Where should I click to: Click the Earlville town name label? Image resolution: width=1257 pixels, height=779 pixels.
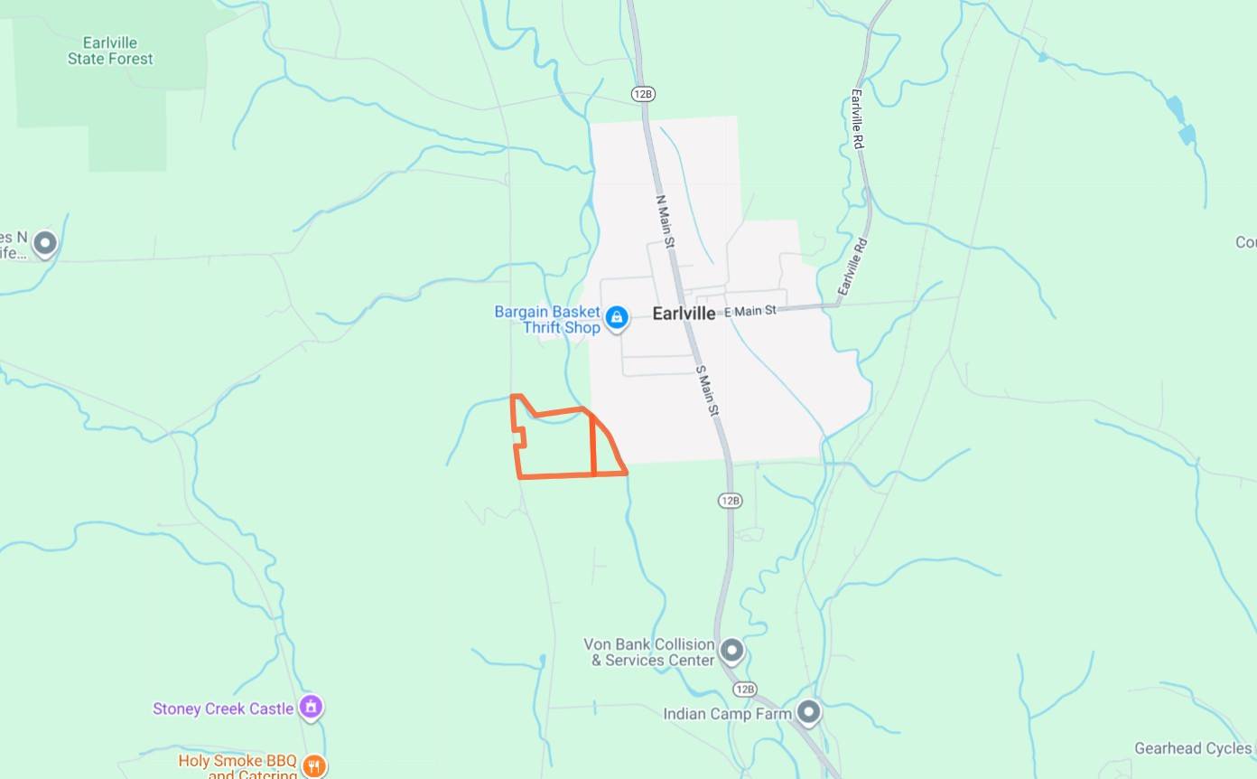pyautogui.click(x=684, y=314)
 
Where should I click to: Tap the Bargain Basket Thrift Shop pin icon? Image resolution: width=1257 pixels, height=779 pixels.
pyautogui.click(x=617, y=317)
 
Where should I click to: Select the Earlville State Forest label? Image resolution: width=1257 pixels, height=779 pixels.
pyautogui.click(x=110, y=51)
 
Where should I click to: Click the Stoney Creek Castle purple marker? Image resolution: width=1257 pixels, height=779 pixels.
pyautogui.click(x=311, y=707)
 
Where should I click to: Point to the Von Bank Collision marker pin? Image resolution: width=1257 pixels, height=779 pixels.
pyautogui.click(x=731, y=650)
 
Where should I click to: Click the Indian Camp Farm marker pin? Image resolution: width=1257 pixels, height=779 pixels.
pyautogui.click(x=808, y=712)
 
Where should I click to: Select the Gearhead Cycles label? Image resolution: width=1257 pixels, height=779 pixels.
pyautogui.click(x=1192, y=748)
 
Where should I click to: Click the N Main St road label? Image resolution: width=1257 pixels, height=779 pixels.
pyautogui.click(x=665, y=220)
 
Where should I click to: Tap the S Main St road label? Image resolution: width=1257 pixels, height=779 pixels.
pyautogui.click(x=706, y=390)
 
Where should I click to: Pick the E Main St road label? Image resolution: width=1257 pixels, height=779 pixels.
pyautogui.click(x=750, y=311)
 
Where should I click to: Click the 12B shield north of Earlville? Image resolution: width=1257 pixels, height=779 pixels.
pyautogui.click(x=643, y=95)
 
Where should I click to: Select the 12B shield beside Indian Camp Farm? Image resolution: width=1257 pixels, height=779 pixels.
pyautogui.click(x=744, y=690)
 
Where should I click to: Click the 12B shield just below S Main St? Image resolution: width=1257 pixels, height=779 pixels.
pyautogui.click(x=730, y=500)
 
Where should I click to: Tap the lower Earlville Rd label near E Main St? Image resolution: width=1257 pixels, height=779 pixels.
pyautogui.click(x=852, y=267)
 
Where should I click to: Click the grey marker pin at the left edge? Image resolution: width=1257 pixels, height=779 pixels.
pyautogui.click(x=44, y=242)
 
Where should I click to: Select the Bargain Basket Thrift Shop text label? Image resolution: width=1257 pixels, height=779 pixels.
pyautogui.click(x=547, y=319)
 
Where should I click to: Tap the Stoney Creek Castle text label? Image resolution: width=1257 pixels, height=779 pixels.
pyautogui.click(x=223, y=709)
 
